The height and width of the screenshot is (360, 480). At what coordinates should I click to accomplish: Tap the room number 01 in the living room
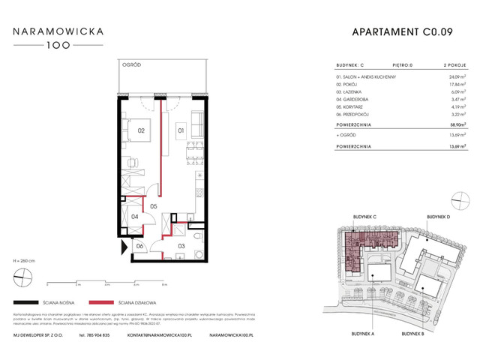click(x=181, y=130)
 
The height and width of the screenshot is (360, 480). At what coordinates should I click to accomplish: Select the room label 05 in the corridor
click(x=152, y=205)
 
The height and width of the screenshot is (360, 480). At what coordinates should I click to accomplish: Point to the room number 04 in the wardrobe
click(x=136, y=217)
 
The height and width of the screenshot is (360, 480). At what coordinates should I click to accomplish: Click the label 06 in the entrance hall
click(x=139, y=246)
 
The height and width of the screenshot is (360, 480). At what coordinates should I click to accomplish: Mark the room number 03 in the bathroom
click(x=181, y=245)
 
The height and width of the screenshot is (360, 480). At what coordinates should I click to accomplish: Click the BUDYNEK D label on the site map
click(x=439, y=217)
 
